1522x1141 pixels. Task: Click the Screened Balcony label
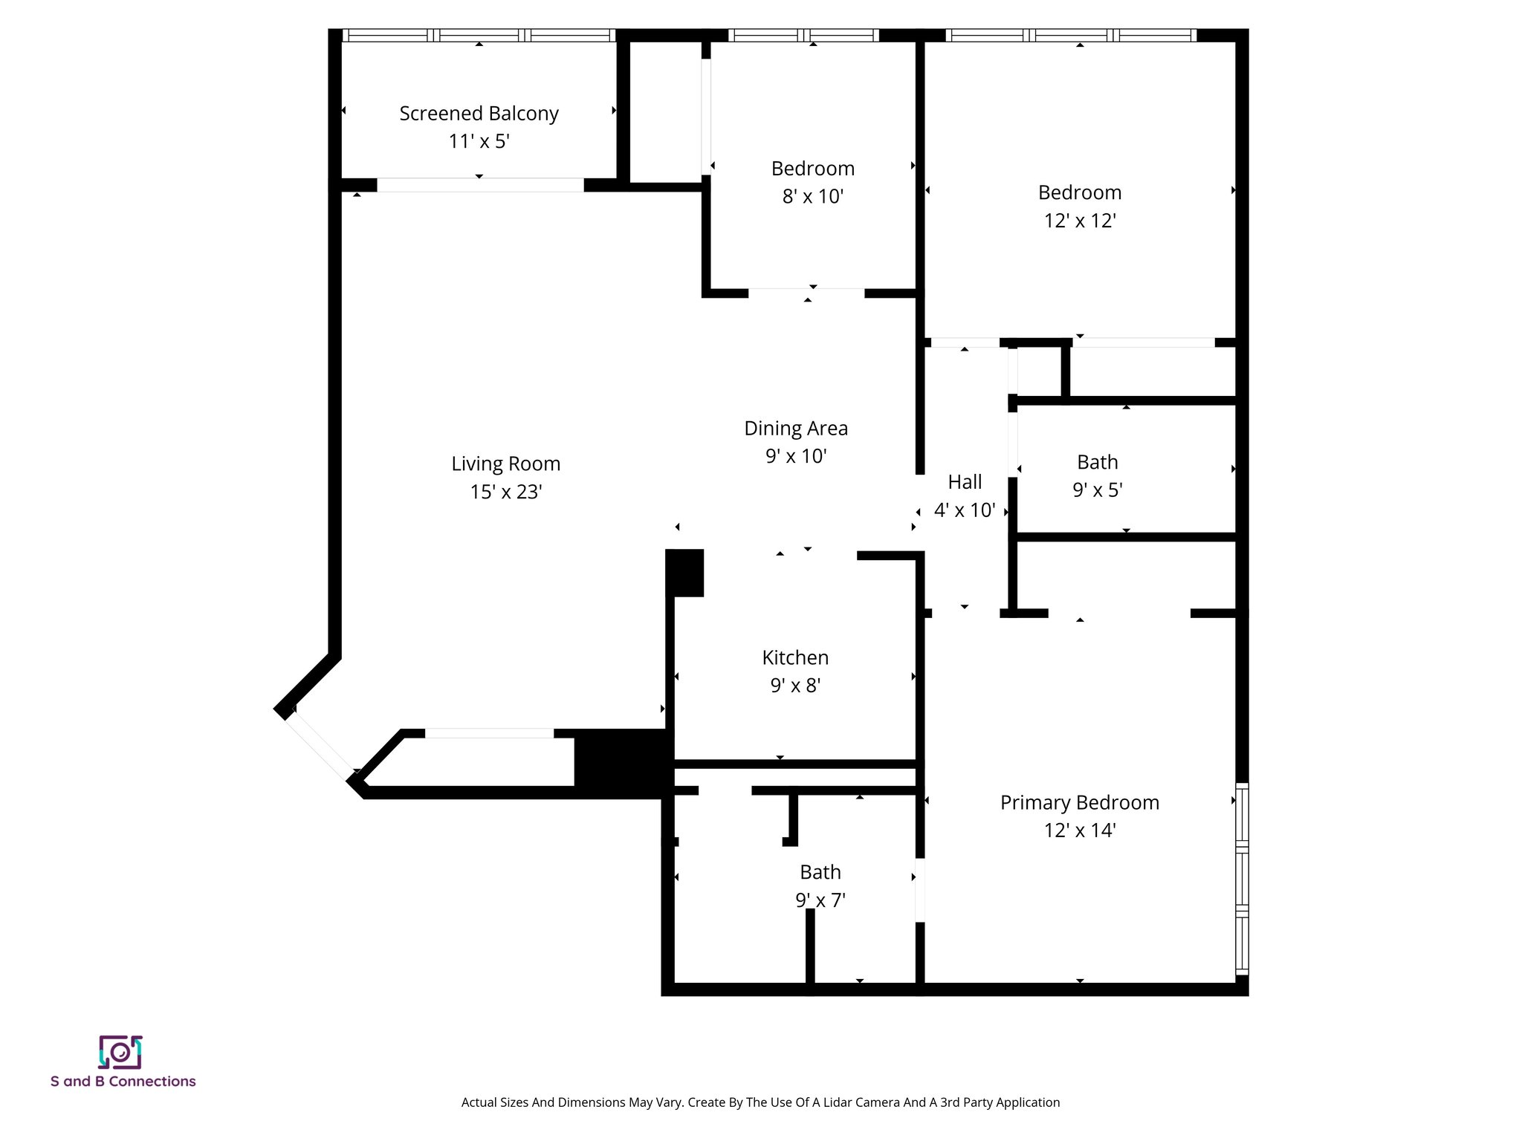point(479,114)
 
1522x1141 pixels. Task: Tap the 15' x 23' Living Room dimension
point(505,492)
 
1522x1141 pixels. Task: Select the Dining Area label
point(795,428)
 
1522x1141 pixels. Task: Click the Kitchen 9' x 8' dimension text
point(794,685)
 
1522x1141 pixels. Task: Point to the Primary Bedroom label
point(1079,802)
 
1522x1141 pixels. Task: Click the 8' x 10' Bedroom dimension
point(812,196)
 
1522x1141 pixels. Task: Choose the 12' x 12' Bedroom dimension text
point(1079,221)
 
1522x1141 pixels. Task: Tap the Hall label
point(965,482)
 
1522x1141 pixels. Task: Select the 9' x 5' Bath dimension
point(1097,490)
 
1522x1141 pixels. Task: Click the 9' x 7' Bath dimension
point(820,900)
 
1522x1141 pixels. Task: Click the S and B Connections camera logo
point(120,1052)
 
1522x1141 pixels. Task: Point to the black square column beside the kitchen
point(684,573)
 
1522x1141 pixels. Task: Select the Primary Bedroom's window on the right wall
point(1241,878)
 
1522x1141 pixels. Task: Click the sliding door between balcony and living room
point(480,185)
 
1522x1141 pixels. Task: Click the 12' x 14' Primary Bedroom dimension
point(1079,830)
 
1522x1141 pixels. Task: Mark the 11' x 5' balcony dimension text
point(479,141)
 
